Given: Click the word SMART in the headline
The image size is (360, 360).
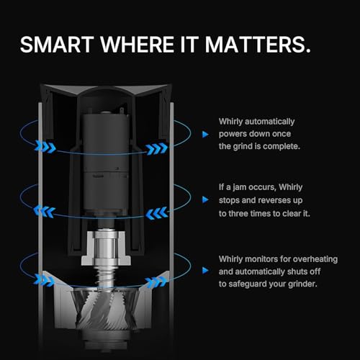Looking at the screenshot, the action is [57, 45].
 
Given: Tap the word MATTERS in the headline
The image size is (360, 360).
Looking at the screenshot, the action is [258, 45].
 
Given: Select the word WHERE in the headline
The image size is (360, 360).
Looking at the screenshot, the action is [137, 45].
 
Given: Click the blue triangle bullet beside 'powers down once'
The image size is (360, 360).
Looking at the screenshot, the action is [205, 135].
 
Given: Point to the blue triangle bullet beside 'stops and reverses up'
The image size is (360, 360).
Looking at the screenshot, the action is [205, 199].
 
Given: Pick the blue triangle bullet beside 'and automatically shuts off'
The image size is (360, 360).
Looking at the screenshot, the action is [205, 271].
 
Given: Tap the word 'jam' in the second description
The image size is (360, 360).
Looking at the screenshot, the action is [240, 187].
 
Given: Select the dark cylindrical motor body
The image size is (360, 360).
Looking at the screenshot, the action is [106, 163].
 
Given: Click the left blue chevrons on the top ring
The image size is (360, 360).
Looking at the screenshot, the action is [45, 147].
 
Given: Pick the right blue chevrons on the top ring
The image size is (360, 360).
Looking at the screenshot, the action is [157, 149].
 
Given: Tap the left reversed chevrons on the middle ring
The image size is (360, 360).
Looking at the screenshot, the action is [45, 211].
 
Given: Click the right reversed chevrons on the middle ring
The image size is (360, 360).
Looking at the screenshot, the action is [157, 213].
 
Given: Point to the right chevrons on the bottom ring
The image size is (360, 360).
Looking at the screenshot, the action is [156, 282].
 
